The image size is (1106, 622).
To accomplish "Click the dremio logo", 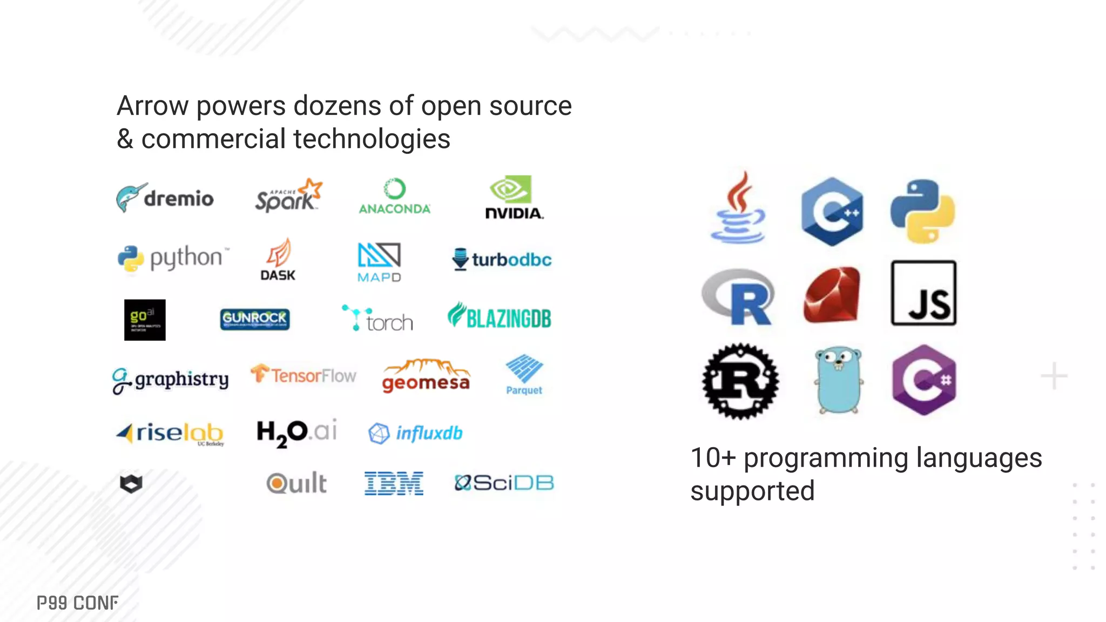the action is [x=165, y=198].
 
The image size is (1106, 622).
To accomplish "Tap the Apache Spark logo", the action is [x=288, y=195].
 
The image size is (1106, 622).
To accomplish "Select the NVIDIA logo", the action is [x=514, y=198].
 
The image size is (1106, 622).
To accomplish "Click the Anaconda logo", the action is [x=395, y=197].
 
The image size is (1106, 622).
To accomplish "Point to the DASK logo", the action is [x=278, y=260].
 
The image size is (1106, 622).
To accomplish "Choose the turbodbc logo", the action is [x=502, y=260].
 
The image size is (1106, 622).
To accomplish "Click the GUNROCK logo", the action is [x=255, y=319].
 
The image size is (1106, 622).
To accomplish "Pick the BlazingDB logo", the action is [x=500, y=317].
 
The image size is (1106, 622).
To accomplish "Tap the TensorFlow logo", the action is [x=304, y=374].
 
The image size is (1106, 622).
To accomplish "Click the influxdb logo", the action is [x=415, y=433].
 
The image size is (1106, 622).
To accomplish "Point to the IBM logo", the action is [x=394, y=483].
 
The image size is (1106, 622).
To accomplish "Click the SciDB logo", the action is [x=504, y=483].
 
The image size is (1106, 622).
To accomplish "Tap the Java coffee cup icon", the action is [x=738, y=208].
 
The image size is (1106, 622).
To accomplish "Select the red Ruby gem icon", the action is [x=832, y=294].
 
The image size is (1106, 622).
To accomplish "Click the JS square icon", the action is [x=923, y=293].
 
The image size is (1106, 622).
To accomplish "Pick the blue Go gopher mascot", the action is [x=838, y=380].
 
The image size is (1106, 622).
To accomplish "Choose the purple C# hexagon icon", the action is [x=924, y=380].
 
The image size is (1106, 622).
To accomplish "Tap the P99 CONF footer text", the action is [x=78, y=603].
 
